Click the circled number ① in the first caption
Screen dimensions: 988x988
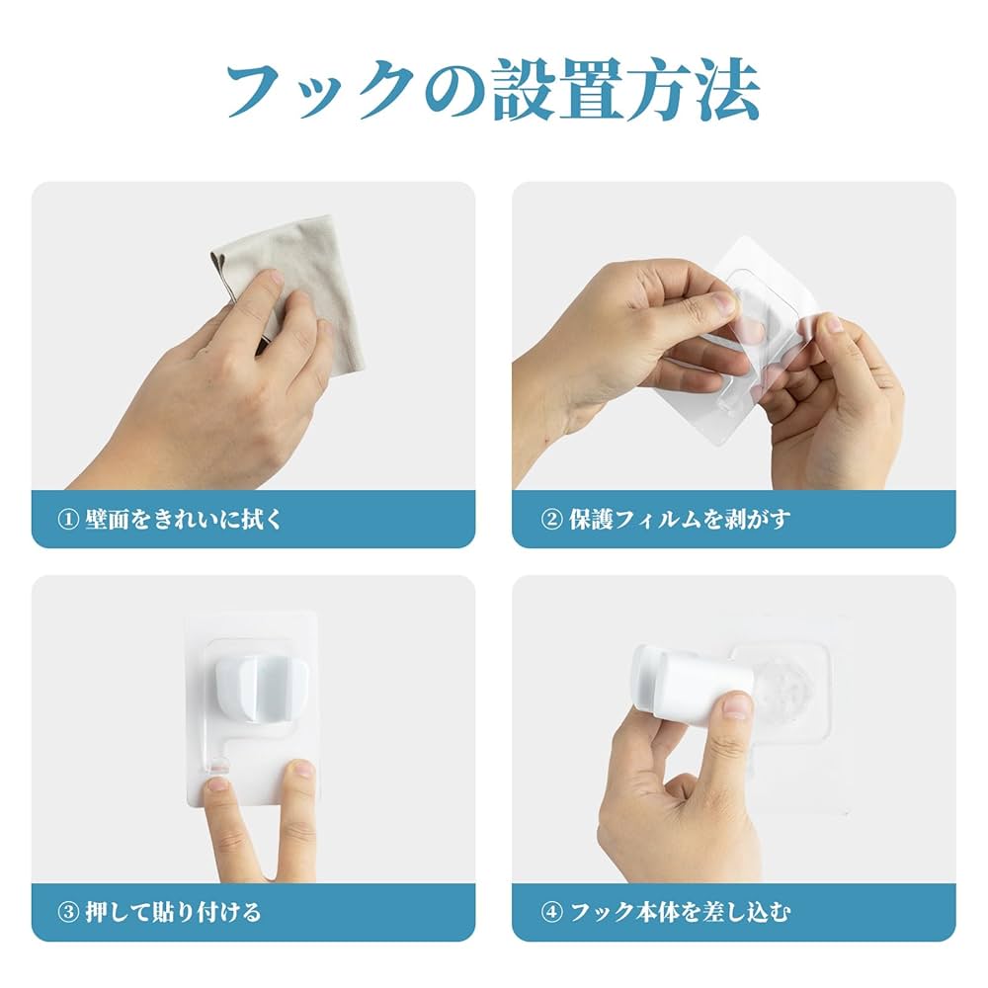coord(68,520)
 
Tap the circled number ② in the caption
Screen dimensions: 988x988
coord(550,520)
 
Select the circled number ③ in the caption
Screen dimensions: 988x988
coord(68,912)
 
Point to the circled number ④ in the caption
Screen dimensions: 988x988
coord(550,912)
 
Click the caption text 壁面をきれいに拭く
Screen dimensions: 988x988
coord(184,520)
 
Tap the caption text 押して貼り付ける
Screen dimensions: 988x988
coord(173,912)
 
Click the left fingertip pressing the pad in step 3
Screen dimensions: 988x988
coord(217,786)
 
